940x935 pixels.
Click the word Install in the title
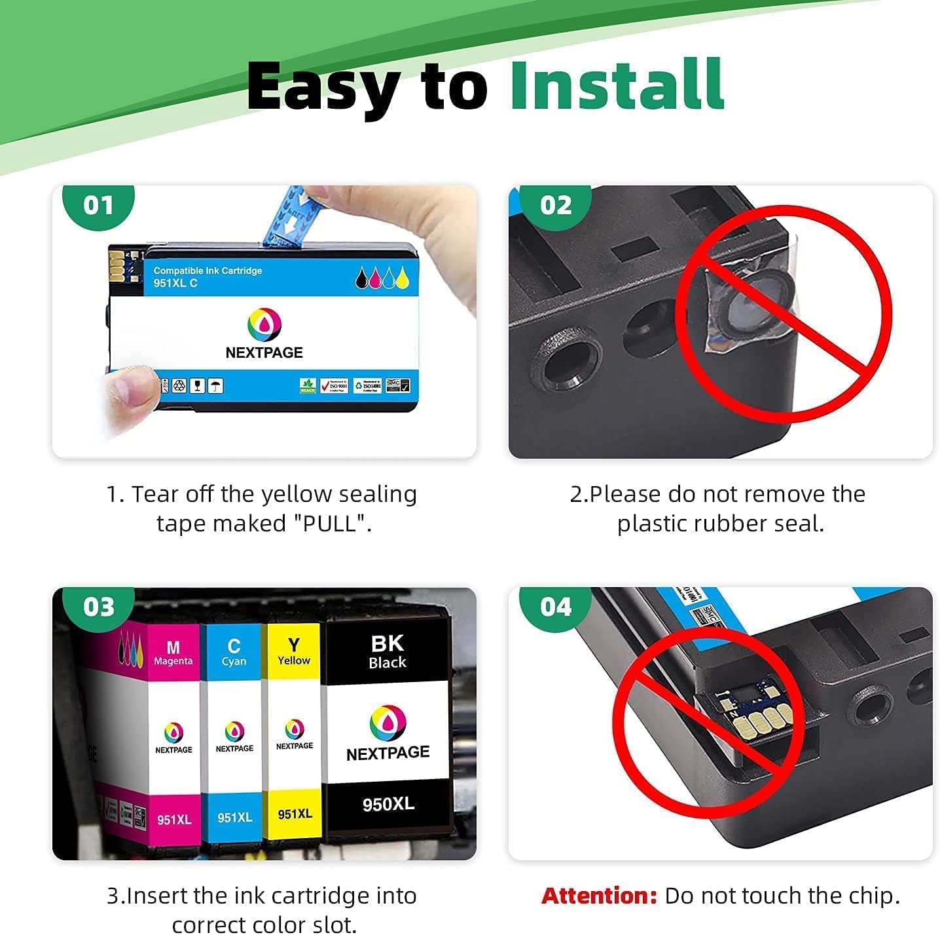617,85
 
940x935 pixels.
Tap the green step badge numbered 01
98,205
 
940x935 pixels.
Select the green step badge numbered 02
555,205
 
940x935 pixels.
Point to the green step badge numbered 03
98,607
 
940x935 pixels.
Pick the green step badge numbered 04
555,607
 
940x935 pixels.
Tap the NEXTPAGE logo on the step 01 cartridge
264,334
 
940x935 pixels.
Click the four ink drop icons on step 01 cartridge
382,278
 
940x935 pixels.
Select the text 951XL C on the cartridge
175,283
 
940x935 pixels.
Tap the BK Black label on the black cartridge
388,651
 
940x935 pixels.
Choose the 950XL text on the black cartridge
388,804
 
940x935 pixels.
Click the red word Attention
598,896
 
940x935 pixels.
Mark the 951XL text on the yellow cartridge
295,814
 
